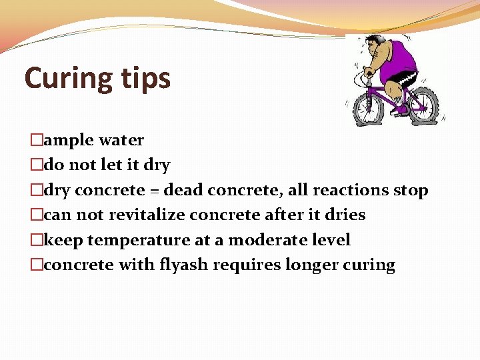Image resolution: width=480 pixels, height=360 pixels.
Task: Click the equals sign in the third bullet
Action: [153, 191]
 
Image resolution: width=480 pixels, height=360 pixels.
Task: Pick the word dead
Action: [183, 190]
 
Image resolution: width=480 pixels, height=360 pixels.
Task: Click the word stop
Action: [410, 191]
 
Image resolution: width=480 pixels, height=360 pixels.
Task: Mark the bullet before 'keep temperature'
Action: [36, 240]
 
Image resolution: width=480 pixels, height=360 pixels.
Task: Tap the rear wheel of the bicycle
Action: [425, 104]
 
